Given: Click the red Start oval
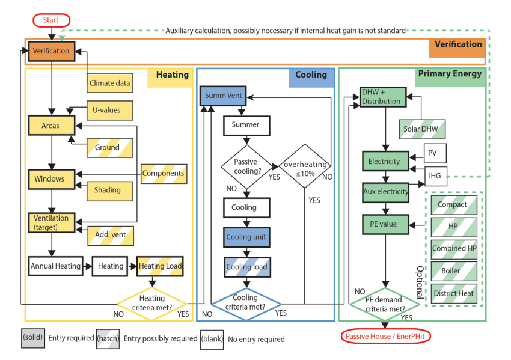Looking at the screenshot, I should (51, 20).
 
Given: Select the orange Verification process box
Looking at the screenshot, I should (51, 51).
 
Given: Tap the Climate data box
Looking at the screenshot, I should (109, 83).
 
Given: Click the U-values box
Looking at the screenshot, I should (109, 111).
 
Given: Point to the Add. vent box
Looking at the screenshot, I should (110, 233).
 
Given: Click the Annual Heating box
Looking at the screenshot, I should (55, 266).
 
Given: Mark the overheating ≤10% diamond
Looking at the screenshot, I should (305, 169).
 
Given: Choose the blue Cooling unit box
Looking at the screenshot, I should (246, 237).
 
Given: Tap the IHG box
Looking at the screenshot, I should (435, 176).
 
